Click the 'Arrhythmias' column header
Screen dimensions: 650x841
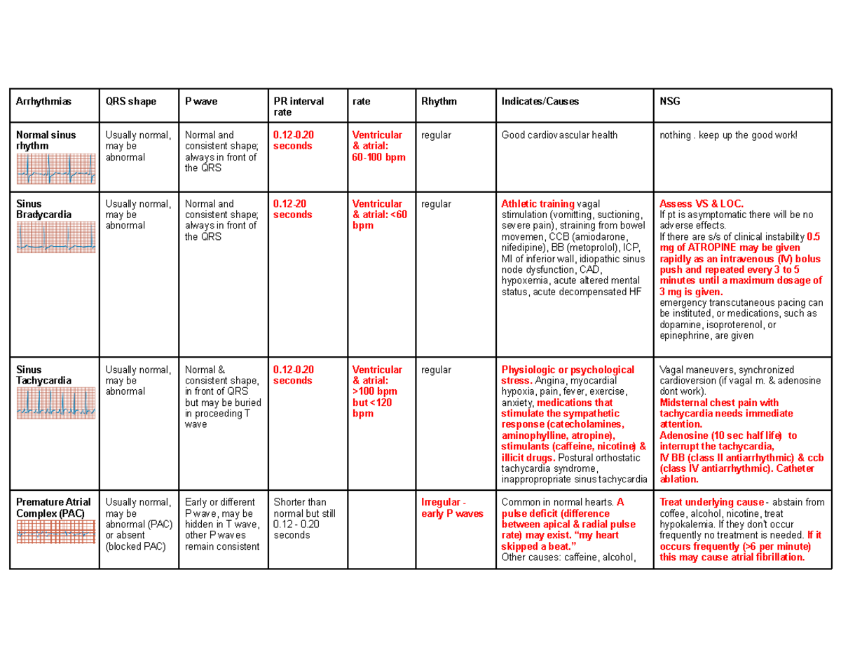click(x=43, y=101)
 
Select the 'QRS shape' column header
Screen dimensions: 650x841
click(x=130, y=101)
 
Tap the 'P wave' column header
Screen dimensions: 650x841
click(x=200, y=101)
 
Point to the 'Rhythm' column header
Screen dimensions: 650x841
click(x=438, y=101)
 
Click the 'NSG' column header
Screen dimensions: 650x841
click(x=670, y=101)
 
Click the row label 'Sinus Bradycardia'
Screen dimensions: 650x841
click(x=43, y=209)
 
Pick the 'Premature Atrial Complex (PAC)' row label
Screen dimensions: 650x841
click(x=53, y=508)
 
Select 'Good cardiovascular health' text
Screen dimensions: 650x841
click(x=559, y=135)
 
